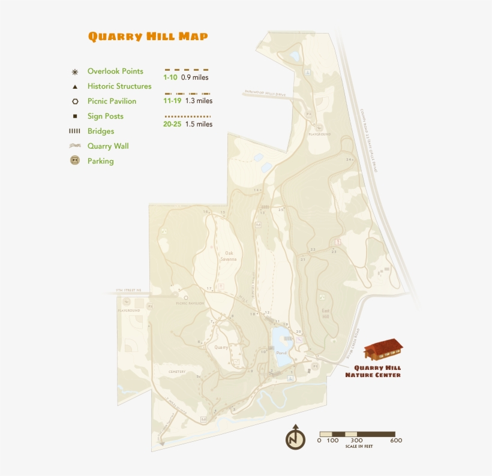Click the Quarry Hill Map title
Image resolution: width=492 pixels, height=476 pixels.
click(148, 37)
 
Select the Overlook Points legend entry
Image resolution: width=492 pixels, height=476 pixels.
click(115, 71)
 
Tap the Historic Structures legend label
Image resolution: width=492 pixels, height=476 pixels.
click(119, 86)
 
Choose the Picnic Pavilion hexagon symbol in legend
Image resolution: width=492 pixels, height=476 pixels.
click(75, 101)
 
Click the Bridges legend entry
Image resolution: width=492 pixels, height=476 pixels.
click(100, 131)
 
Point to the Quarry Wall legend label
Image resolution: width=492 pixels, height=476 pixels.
click(108, 146)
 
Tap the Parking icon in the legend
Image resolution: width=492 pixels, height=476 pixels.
click(75, 161)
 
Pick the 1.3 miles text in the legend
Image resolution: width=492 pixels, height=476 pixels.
click(199, 101)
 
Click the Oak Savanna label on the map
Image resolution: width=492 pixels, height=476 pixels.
click(228, 256)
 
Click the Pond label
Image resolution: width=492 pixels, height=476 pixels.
click(281, 354)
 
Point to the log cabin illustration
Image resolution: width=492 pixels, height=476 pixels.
click(383, 350)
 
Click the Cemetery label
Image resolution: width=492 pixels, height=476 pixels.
click(177, 372)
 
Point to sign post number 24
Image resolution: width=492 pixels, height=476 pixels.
click(348, 159)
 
